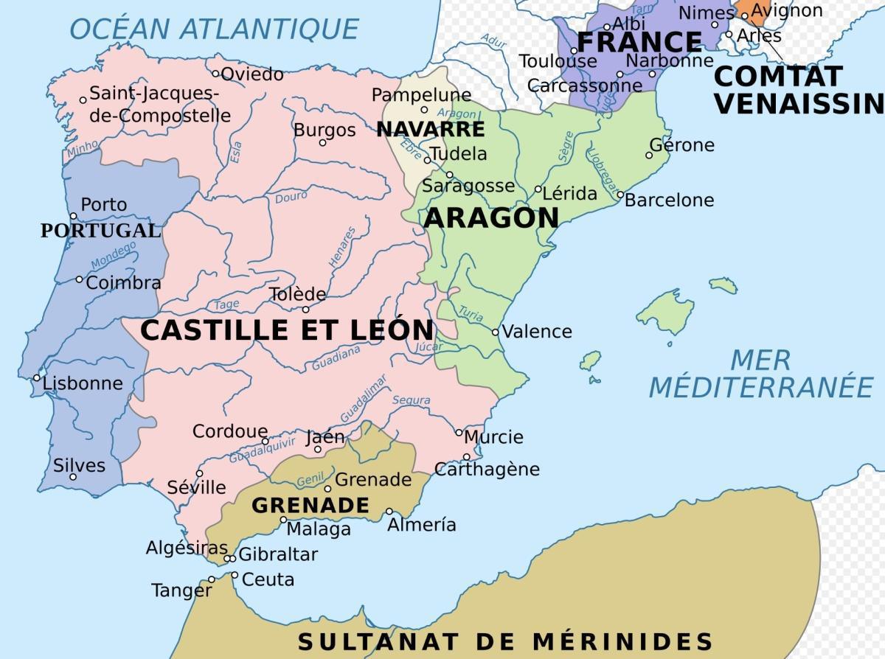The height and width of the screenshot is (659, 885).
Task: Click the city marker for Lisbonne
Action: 37,378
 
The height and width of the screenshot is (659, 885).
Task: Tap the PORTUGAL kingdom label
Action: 100,231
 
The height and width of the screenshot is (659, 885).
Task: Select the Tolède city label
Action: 297,294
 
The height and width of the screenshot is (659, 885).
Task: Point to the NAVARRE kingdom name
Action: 431,130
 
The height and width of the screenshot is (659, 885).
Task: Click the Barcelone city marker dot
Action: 620,195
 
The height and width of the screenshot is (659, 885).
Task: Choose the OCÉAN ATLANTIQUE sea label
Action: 214,29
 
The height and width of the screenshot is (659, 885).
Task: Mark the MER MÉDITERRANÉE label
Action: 760,374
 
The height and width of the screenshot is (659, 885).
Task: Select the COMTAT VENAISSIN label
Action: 799,89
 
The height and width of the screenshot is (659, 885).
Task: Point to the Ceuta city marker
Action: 235,575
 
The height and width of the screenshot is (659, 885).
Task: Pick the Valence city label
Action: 537,332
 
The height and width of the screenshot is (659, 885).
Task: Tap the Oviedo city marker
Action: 216,73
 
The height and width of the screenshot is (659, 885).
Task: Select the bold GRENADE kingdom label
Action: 310,505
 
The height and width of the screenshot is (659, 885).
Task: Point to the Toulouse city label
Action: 558,61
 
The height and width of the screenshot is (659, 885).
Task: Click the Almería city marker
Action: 389,512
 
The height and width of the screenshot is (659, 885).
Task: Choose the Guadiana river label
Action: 336,358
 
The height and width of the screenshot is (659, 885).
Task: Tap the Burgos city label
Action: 324,130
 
